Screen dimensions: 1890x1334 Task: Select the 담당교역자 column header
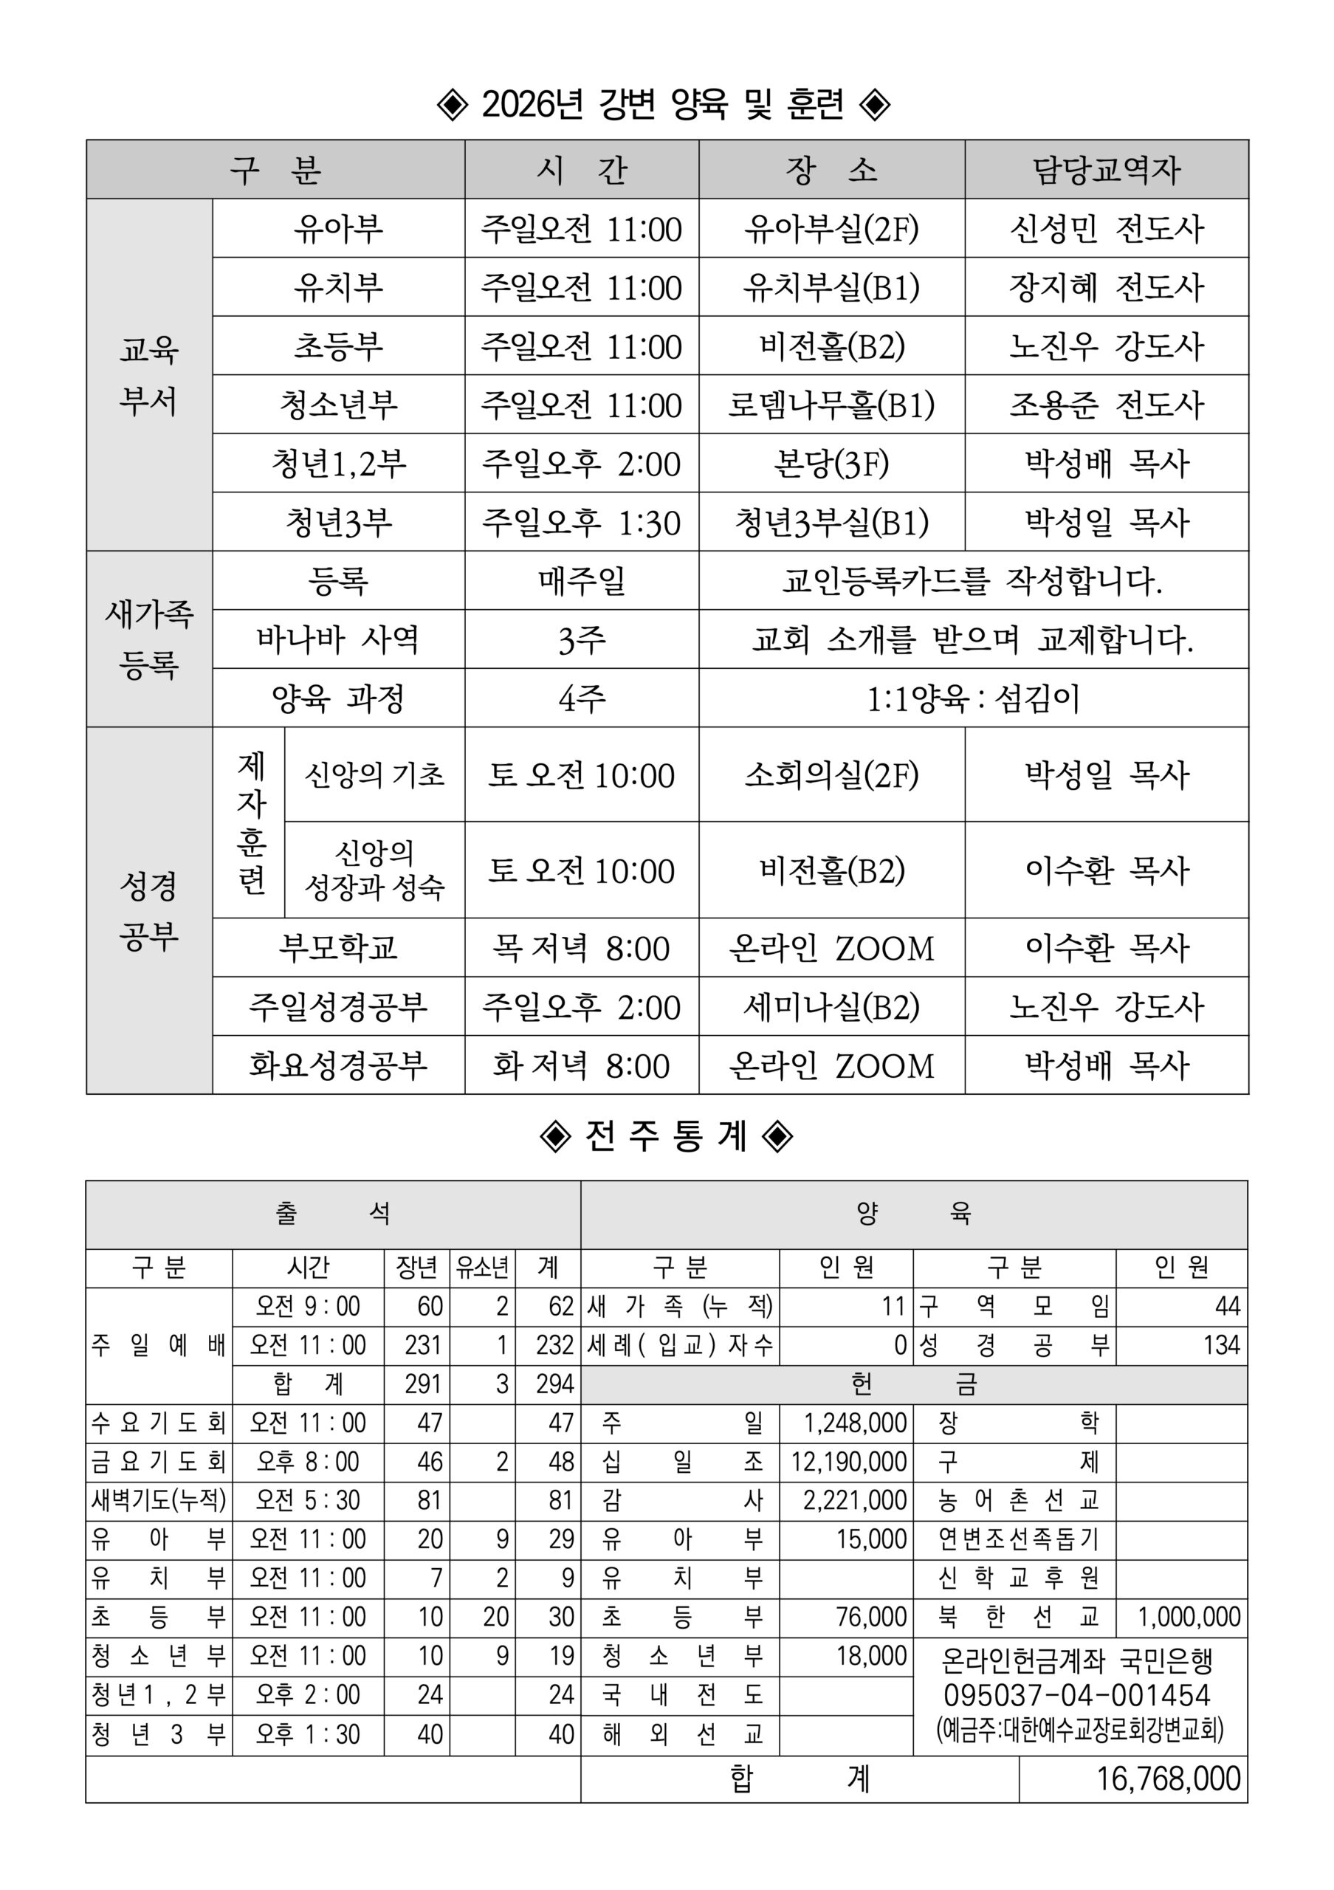click(x=1106, y=170)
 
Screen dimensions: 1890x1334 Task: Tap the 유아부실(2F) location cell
click(x=831, y=229)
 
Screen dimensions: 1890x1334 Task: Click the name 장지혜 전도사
click(x=1106, y=287)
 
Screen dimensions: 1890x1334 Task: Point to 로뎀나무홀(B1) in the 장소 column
click(x=831, y=405)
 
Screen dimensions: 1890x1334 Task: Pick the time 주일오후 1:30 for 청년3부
click(x=581, y=523)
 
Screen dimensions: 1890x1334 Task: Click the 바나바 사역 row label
click(x=337, y=639)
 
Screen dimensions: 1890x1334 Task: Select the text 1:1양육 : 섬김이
click(x=973, y=699)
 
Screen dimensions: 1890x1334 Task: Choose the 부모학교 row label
click(x=337, y=948)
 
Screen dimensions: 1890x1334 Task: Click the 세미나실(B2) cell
click(x=831, y=1007)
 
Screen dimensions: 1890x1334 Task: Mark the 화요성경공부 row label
click(x=337, y=1066)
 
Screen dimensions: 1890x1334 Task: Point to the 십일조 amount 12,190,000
click(x=848, y=1462)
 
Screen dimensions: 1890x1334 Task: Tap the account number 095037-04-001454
click(x=1077, y=1695)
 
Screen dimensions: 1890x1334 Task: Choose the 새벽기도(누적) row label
click(x=159, y=1499)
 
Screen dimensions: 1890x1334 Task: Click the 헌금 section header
click(x=913, y=1384)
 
